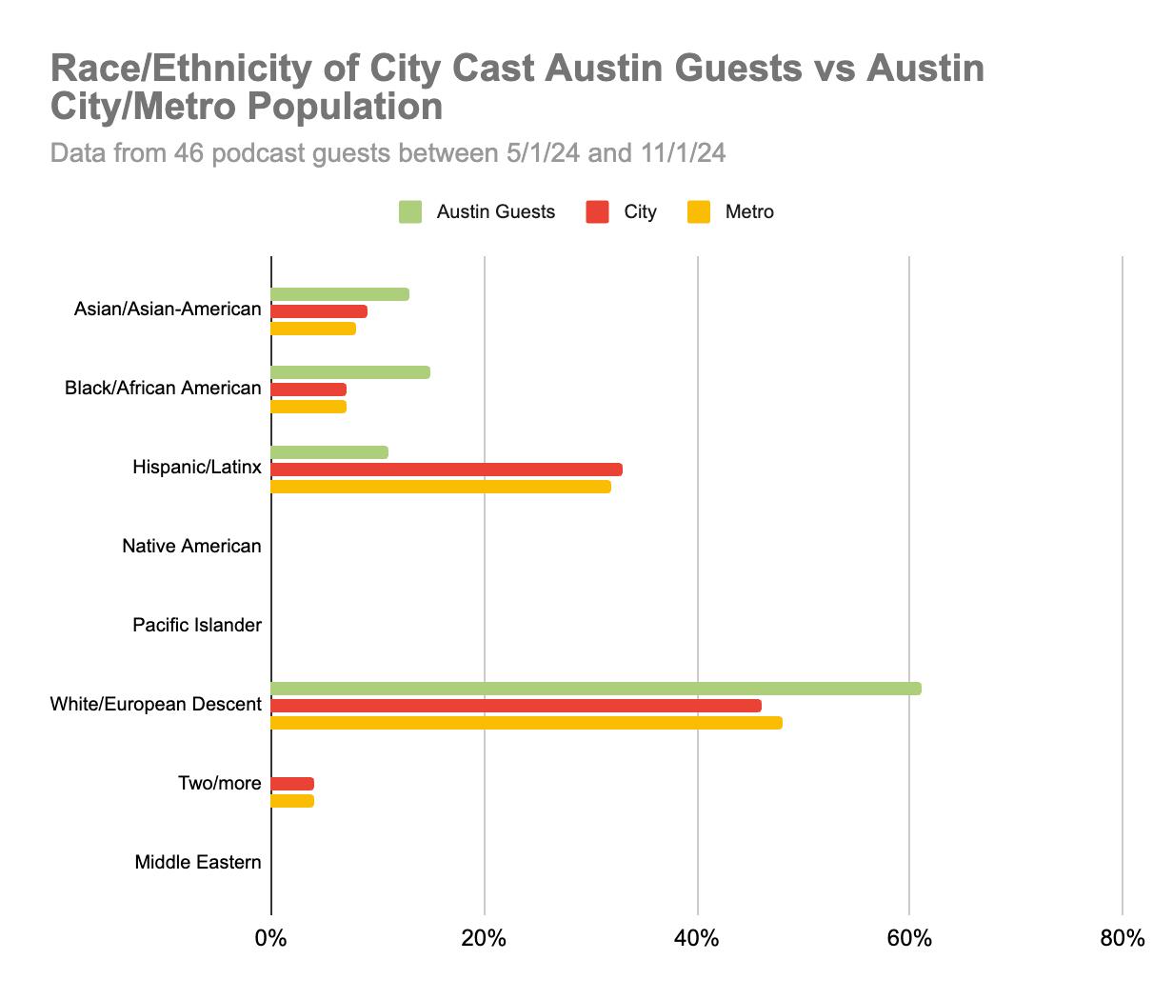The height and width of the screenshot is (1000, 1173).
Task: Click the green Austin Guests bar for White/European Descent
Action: tap(596, 689)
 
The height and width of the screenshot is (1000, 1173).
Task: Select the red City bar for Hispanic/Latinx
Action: tap(447, 470)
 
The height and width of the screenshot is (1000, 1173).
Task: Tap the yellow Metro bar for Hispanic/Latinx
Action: tap(441, 487)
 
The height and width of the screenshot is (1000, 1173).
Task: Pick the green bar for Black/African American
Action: tap(350, 372)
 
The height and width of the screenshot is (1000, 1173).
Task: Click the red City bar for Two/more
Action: tap(292, 784)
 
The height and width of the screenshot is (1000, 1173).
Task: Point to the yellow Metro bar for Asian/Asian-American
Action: tap(313, 329)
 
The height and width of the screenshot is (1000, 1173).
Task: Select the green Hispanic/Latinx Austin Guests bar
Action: tap(329, 452)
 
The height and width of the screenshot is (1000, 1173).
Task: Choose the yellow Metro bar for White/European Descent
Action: tap(527, 723)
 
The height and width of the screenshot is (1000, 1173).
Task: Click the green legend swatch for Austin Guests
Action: tap(410, 212)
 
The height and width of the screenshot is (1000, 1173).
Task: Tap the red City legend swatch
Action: tap(598, 212)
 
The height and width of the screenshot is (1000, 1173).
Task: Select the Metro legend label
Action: tap(749, 212)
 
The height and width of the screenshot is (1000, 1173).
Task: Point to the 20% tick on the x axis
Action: tap(484, 939)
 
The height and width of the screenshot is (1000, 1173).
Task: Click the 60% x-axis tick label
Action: tap(909, 939)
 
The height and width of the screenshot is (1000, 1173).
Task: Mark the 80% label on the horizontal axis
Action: tap(1122, 939)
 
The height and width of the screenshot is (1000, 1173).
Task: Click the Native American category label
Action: tap(191, 547)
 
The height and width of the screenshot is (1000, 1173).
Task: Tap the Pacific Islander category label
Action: tap(197, 626)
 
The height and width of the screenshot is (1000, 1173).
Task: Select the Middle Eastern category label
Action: tap(198, 863)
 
